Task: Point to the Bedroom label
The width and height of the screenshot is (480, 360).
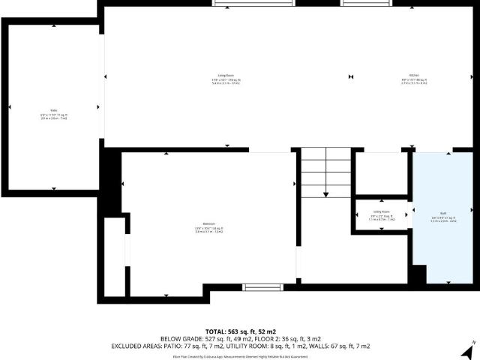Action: click(209, 226)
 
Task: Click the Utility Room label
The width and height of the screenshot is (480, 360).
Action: click(381, 214)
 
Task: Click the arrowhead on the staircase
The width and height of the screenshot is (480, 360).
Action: click(325, 194)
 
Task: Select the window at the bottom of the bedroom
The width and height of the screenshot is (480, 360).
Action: click(262, 286)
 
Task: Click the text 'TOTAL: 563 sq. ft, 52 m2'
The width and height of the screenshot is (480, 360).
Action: click(240, 331)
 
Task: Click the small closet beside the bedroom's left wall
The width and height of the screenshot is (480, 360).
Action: click(114, 256)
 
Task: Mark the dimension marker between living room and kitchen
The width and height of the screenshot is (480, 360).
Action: click(351, 77)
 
